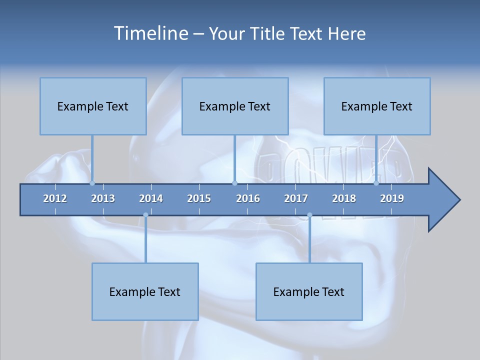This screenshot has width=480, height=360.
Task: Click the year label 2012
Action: point(55,198)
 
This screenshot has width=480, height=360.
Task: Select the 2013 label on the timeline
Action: point(103,198)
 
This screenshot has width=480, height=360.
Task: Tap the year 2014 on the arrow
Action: point(151,198)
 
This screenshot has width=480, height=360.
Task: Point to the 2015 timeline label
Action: point(199,198)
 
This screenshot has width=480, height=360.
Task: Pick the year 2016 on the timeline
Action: point(248,198)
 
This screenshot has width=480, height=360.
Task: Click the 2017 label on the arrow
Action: point(296,198)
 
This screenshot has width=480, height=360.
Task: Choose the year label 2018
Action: point(344,198)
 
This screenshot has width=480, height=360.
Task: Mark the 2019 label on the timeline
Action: point(392,198)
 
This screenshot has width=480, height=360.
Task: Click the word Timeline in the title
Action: point(150,33)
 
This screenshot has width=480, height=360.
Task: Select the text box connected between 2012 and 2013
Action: point(93,106)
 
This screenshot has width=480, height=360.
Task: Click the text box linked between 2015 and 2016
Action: point(235,106)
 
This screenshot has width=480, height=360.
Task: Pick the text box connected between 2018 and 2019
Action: point(377,106)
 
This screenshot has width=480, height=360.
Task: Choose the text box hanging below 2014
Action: point(145,291)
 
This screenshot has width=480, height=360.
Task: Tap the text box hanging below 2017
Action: point(309,291)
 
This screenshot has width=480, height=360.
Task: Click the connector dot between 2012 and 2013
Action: point(92,183)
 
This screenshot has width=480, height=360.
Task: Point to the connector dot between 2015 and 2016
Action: point(235,183)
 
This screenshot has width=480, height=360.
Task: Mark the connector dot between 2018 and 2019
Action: point(376,183)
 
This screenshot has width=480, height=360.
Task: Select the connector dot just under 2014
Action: point(145,215)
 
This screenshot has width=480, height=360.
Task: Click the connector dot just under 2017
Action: point(309,215)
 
